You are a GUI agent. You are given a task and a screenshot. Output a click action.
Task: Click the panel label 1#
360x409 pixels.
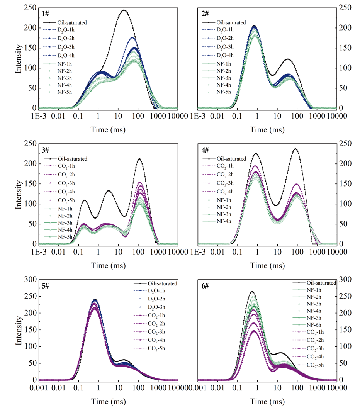(x=45, y=14)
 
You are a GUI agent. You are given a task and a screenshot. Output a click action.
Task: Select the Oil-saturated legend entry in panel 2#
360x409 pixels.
(x=231, y=23)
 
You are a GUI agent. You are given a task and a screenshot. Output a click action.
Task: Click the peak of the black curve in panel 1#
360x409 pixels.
(x=124, y=10)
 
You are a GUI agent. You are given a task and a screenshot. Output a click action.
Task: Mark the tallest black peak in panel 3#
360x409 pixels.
(x=139, y=159)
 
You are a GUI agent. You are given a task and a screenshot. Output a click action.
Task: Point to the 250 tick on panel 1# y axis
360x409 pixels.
(x=32, y=8)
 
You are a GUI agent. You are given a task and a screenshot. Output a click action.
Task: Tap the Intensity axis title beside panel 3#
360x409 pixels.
(x=18, y=193)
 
